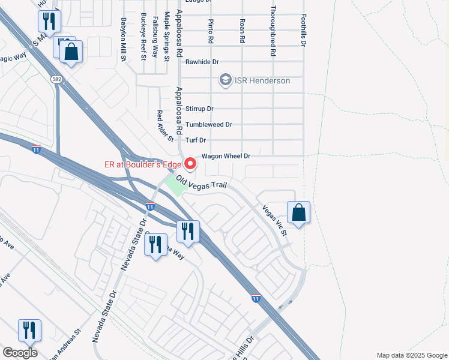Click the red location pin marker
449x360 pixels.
[x=191, y=163]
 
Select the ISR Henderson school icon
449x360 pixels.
[x=225, y=80]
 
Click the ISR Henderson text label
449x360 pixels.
[x=262, y=80]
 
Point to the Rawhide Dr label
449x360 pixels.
[x=202, y=62]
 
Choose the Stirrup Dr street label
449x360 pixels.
[x=199, y=109]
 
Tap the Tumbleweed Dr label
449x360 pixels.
[x=208, y=124]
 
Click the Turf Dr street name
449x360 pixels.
[x=196, y=140]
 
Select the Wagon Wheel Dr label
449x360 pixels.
[x=226, y=156]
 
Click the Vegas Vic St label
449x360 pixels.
[x=274, y=220]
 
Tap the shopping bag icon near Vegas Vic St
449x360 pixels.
[x=298, y=212]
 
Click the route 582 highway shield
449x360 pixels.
[x=56, y=79]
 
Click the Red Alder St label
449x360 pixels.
[x=164, y=127]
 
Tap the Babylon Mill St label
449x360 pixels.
[x=124, y=39]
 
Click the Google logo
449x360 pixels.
[x=20, y=353]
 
